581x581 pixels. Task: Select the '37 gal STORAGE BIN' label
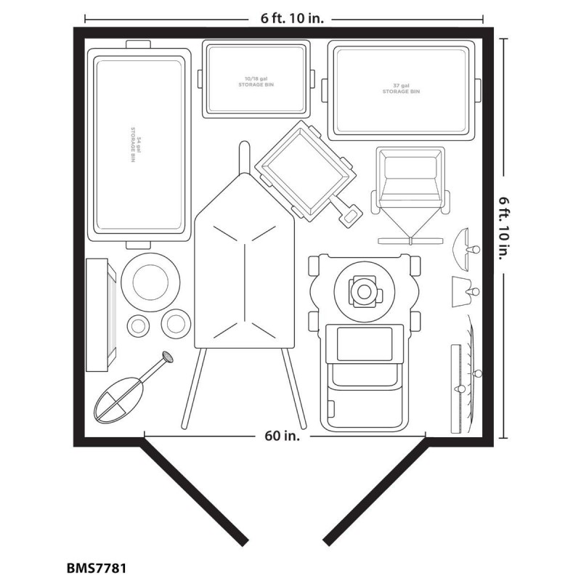(x=401, y=89)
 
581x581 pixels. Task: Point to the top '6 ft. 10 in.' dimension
(x=284, y=18)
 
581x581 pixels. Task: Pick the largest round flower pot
(x=151, y=282)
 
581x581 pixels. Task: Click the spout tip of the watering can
(x=168, y=356)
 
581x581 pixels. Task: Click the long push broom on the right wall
(x=458, y=388)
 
